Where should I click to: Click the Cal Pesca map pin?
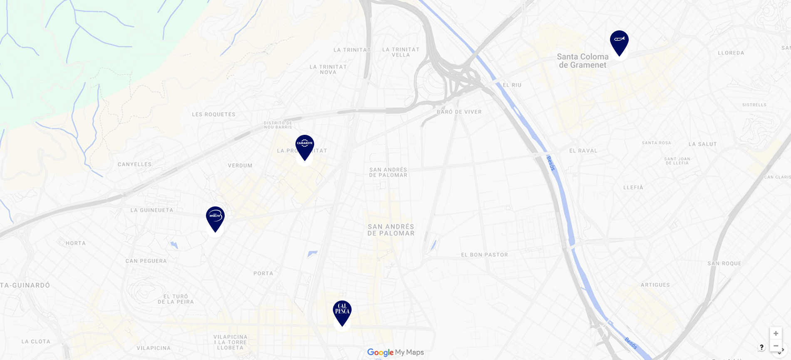coord(342,312)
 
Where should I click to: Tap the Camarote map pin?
coord(305,146)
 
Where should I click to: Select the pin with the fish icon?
coord(619,42)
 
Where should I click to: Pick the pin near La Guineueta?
coord(215,218)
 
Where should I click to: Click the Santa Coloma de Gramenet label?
coord(583,61)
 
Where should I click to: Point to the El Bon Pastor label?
coord(484,255)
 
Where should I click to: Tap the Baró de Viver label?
coord(459,112)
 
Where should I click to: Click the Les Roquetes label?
coord(213,114)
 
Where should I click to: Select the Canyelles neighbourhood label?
coord(134,164)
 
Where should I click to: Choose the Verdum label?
coord(240,166)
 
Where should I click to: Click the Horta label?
coord(75,243)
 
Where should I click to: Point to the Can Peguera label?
coord(146,261)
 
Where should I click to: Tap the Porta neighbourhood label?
coord(263,273)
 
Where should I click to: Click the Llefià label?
coord(633,188)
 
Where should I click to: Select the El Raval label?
coord(583,151)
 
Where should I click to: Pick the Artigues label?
coord(655,285)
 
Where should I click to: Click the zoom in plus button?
coord(776,333)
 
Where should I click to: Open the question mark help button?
coord(761,347)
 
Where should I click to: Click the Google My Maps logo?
coord(395,353)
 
